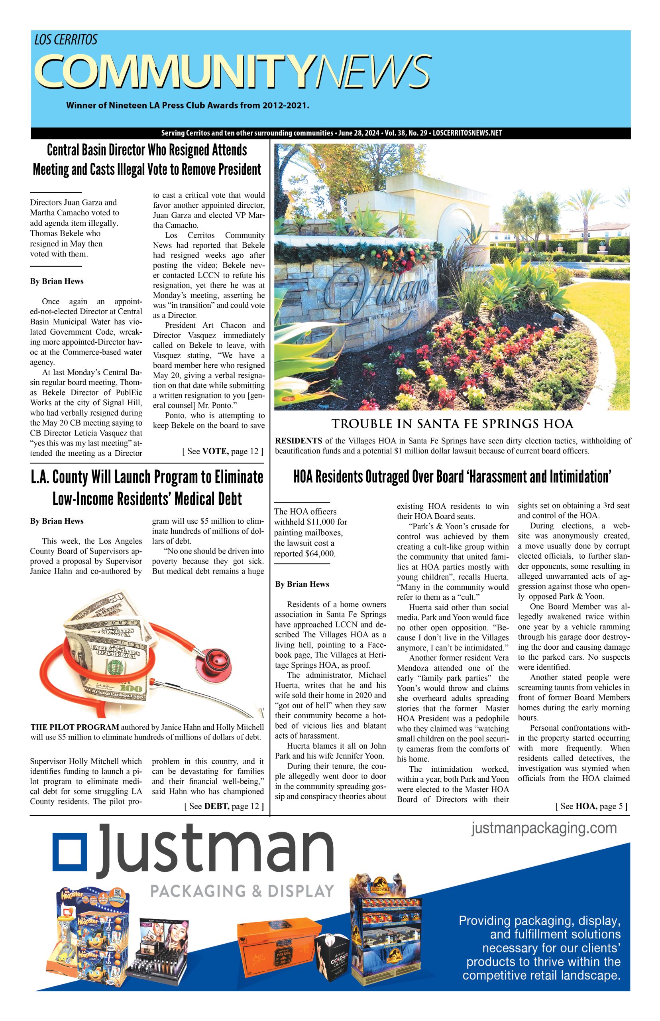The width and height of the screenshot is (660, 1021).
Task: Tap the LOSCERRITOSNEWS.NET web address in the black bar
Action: coord(467,133)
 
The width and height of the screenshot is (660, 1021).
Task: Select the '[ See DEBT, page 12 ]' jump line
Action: coord(223,806)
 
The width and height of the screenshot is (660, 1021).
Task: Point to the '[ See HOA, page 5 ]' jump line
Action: coord(591,806)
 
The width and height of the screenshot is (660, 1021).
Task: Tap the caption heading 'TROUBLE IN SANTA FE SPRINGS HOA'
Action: coord(452,424)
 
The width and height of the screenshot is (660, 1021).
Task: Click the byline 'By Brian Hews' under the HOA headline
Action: coord(302,584)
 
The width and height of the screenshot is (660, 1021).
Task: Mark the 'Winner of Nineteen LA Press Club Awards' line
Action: coord(187,105)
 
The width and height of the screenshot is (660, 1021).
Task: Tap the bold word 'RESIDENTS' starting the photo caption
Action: coord(299,441)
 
